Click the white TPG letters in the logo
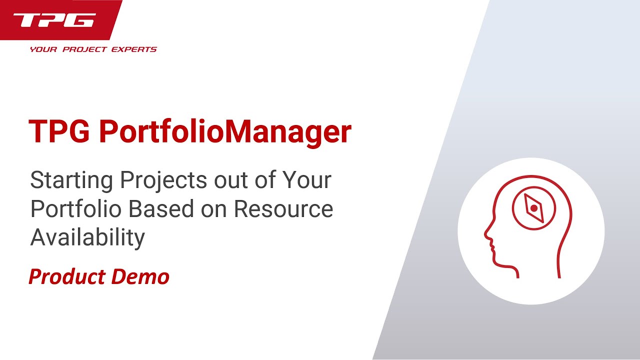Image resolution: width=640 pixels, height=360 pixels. click(x=54, y=20)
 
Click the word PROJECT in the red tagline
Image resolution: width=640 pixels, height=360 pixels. click(x=87, y=49)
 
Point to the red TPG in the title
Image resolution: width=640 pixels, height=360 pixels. click(x=59, y=132)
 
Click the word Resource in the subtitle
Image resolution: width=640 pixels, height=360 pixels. click(x=283, y=208)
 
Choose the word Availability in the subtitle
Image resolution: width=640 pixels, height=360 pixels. click(x=87, y=237)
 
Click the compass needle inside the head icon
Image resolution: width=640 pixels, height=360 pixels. click(x=533, y=207)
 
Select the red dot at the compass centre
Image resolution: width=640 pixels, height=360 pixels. click(x=533, y=207)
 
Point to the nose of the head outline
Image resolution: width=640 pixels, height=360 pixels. click(x=485, y=233)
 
